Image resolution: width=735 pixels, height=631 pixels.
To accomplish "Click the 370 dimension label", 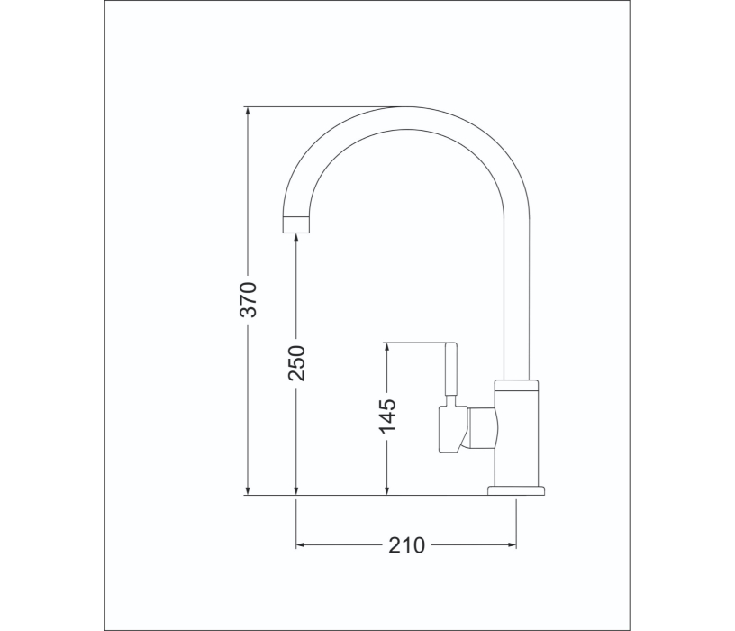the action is (249, 300).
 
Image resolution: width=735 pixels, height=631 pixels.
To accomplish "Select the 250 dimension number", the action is (296, 363).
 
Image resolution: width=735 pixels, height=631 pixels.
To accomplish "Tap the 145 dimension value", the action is (387, 416).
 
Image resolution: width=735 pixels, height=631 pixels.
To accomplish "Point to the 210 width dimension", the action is (406, 545).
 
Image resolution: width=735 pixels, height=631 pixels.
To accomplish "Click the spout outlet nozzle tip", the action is (296, 224).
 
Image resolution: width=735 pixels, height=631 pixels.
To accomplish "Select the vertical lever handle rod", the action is (450, 370).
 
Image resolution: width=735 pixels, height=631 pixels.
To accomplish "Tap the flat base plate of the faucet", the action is (516, 490).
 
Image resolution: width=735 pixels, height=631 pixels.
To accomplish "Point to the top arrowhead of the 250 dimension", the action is (296, 238).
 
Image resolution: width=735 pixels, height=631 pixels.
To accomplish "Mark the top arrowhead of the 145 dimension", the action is (386, 348).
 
